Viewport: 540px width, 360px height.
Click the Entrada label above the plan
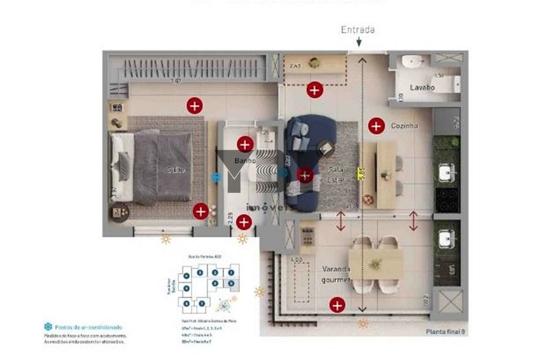pos(358,30)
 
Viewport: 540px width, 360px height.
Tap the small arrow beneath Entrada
pos(359,42)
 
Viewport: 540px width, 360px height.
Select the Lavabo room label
pos(422,87)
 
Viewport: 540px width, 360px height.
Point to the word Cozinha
pos(404,126)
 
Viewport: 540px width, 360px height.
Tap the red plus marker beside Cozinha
pos(376,125)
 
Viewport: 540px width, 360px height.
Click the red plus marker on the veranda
pos(337,305)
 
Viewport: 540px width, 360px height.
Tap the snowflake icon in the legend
pos(48,327)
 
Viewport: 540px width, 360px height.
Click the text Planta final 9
pos(445,332)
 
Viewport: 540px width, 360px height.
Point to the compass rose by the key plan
pos(226,305)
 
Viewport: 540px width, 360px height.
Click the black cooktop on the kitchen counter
pos(446,200)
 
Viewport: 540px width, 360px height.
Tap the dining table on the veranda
pos(375,264)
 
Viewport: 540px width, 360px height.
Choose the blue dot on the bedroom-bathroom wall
pos(215,178)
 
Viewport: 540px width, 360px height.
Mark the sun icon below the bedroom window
pos(166,240)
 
